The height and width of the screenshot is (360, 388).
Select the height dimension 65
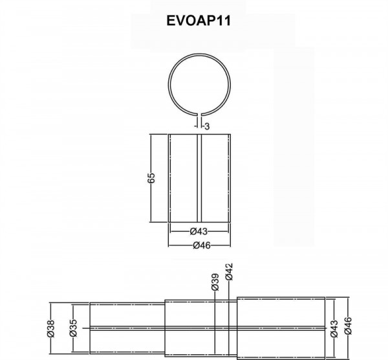pos(151,179)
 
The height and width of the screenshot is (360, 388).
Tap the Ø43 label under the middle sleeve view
pos(199,231)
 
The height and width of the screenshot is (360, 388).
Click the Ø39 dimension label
pos(214,282)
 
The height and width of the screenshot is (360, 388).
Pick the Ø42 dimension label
pos(228,273)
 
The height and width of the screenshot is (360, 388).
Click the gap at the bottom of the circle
pos(199,115)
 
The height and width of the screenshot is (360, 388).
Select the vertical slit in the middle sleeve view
pos(199,178)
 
